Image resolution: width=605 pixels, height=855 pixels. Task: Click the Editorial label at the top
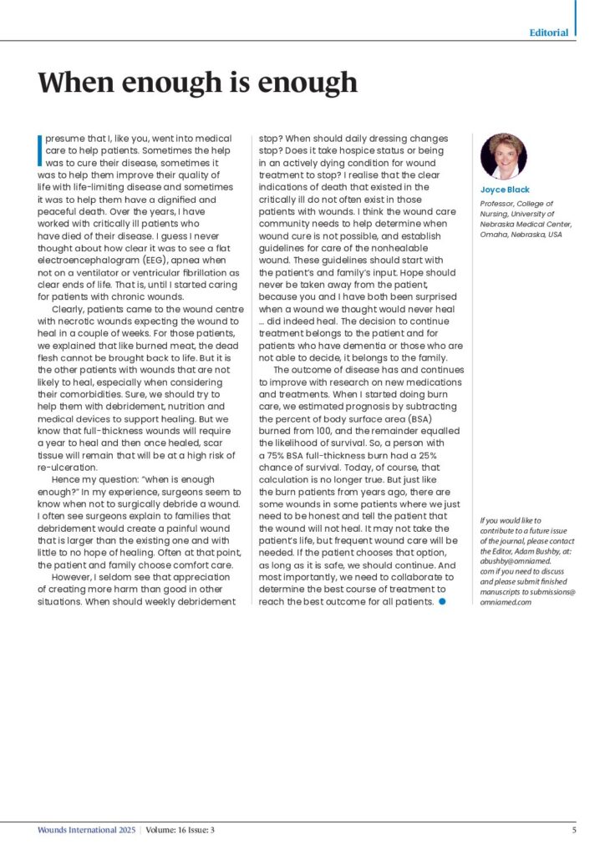549,33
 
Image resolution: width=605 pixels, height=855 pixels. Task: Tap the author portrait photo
503,156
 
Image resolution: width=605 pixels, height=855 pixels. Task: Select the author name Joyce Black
505,190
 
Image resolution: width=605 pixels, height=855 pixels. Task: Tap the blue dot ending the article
443,600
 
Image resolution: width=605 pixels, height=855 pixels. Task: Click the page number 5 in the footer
573,830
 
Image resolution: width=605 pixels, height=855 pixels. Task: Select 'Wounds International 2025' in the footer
86,830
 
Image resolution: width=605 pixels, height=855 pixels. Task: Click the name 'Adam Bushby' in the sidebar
542,553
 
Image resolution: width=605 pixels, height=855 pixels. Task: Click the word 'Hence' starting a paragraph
67,480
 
